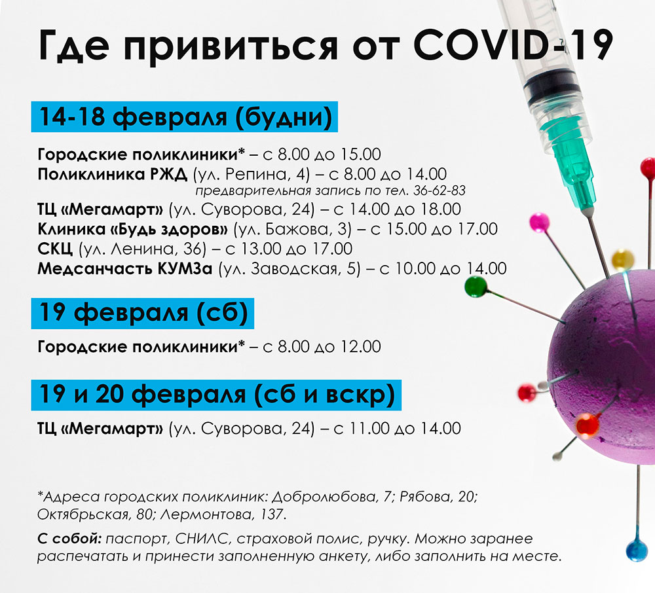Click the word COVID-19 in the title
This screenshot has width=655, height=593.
point(513,45)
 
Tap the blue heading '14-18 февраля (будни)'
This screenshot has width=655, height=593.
point(185,117)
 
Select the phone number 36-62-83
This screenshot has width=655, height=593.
point(440,191)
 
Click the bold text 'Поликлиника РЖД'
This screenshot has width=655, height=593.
point(113,174)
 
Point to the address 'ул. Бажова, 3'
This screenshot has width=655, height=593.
point(292,229)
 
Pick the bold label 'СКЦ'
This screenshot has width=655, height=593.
point(55,249)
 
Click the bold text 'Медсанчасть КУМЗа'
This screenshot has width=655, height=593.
point(125,269)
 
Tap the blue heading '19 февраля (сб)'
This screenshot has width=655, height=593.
point(143,313)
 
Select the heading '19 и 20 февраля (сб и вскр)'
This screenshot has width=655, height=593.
point(216,395)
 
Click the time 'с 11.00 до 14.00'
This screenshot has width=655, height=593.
point(397,429)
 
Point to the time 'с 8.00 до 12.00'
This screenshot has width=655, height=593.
point(322,347)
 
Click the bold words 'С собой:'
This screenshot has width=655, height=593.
point(69,539)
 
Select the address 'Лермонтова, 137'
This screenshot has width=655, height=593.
point(223,514)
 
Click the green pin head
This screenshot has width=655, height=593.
point(476,287)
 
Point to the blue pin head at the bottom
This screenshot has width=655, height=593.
point(637,550)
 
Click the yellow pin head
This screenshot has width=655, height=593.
point(623,260)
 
